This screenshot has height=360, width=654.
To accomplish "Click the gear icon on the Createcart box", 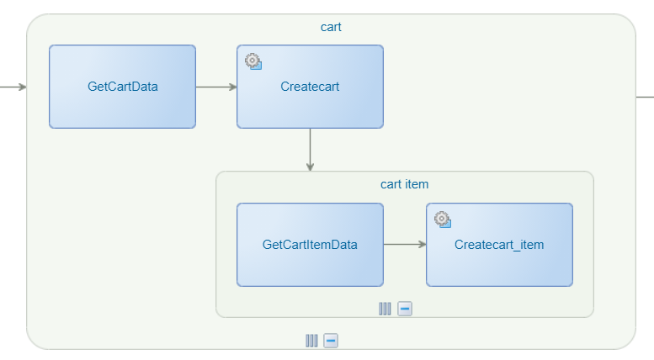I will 253,61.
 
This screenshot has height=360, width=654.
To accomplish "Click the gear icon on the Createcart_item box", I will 442,220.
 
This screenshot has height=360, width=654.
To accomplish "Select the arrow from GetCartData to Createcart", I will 216,86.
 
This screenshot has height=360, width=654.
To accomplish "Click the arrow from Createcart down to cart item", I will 310,150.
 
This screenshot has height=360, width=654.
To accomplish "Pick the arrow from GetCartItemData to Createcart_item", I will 405,245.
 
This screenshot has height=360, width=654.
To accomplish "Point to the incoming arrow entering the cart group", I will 13,86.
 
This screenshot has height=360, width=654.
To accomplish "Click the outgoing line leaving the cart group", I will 645,97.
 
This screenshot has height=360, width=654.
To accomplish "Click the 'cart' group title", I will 331,27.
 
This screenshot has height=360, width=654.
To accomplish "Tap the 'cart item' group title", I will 405,184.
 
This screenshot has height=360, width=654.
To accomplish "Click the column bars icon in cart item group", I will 385,309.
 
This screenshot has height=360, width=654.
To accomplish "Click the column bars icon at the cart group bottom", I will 311,341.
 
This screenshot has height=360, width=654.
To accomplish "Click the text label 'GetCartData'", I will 122,86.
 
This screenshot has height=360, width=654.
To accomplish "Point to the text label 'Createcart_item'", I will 499,245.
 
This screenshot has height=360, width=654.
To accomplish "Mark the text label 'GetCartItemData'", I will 310,245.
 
